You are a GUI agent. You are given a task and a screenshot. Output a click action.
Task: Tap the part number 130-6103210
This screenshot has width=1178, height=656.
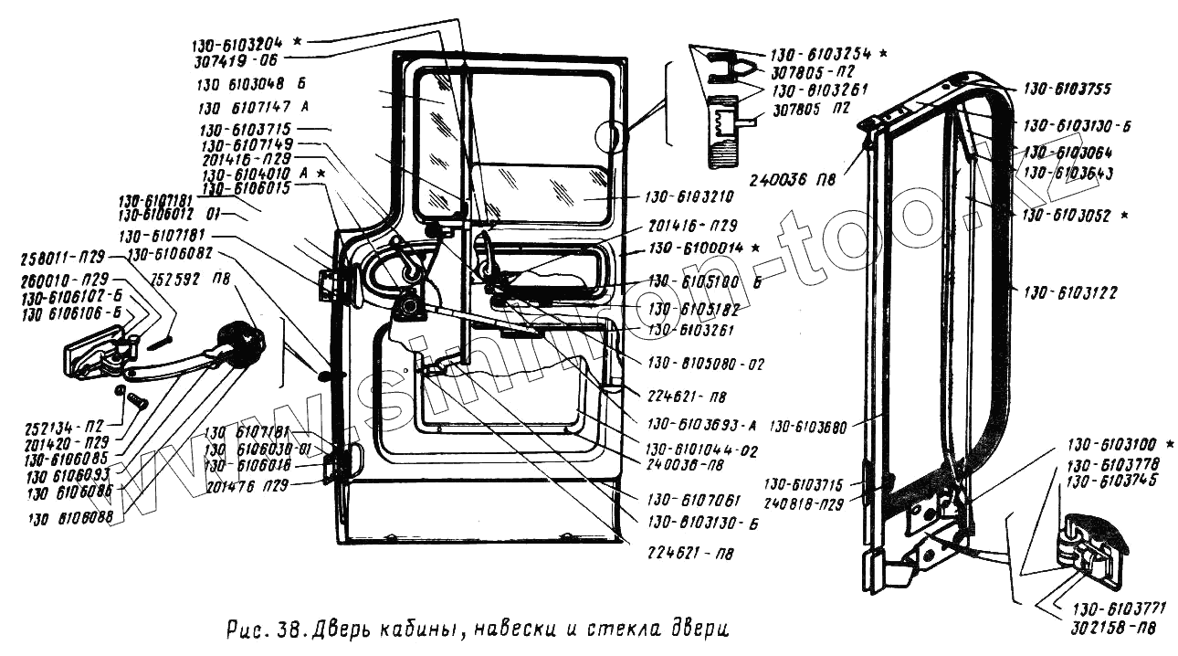pyautogui.click(x=674, y=196)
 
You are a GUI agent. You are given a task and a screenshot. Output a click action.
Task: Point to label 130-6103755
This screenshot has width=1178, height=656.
pyautogui.click(x=1068, y=89)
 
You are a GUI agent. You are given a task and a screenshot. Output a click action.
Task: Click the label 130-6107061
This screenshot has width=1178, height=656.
pyautogui.click(x=695, y=499)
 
